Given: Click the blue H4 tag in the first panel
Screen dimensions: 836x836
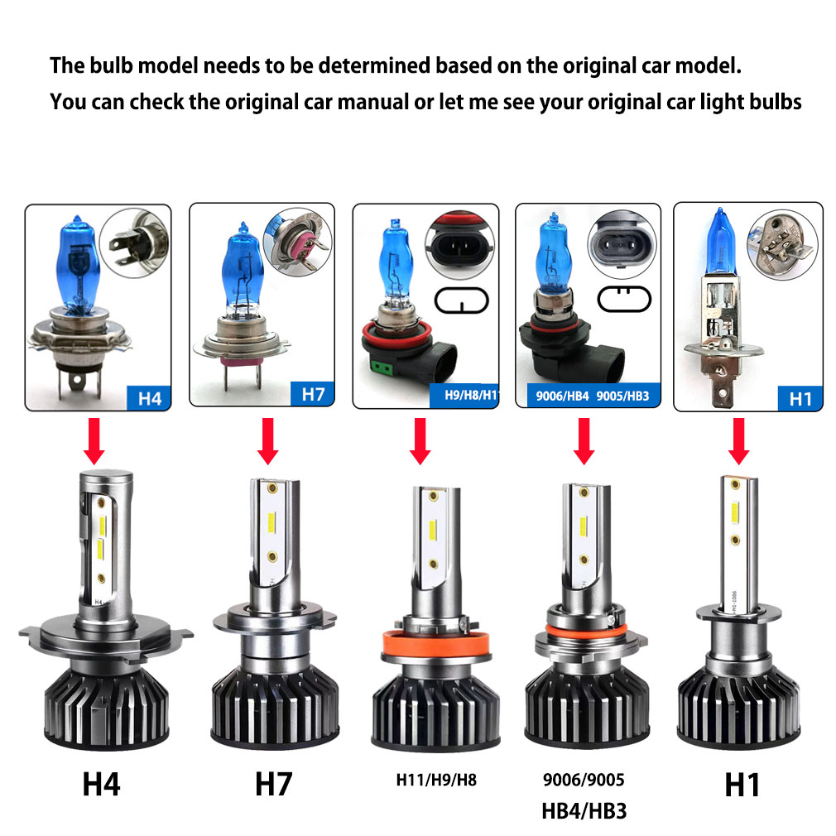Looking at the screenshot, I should pyautogui.click(x=149, y=397).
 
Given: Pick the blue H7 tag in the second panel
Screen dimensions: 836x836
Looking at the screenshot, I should pyautogui.click(x=313, y=394).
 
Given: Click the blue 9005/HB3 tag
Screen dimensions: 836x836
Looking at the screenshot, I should pyautogui.click(x=622, y=396).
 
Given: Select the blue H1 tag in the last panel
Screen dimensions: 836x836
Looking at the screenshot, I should pyautogui.click(x=800, y=398).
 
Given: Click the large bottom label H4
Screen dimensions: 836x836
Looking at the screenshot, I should pyautogui.click(x=101, y=784).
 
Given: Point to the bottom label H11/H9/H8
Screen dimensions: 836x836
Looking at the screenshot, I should pyautogui.click(x=435, y=779).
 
